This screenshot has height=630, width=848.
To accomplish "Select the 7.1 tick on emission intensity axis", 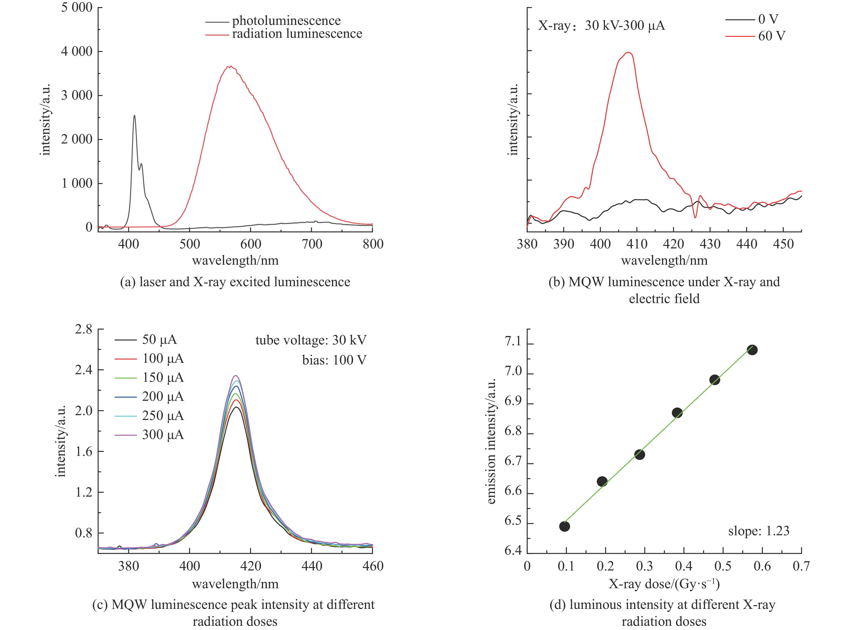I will pyautogui.click(x=512, y=342).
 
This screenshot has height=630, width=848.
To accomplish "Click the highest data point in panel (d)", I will pyautogui.click(x=752, y=350).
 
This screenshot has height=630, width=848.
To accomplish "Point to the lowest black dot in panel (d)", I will pyautogui.click(x=565, y=526).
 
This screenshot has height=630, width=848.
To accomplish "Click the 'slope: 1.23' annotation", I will pyautogui.click(x=758, y=531).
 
